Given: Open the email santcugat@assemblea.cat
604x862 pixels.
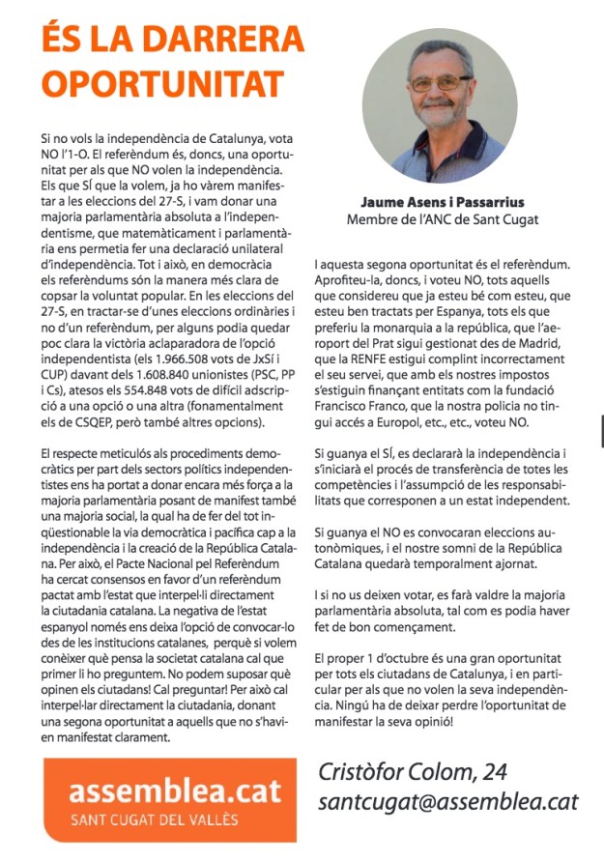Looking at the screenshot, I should coord(447,801).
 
